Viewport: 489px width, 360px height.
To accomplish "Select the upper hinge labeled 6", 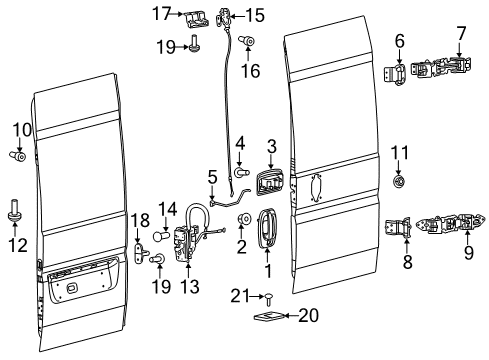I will pos(398,71).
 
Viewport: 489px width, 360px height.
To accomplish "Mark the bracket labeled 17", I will pos(195,17).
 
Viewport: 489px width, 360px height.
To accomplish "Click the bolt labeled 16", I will pos(248,41).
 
